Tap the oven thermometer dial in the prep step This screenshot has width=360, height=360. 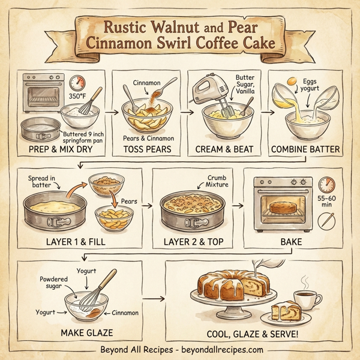[x=77, y=83]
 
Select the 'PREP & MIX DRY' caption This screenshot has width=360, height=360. [x=61, y=148]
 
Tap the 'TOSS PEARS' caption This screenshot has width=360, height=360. [x=146, y=148]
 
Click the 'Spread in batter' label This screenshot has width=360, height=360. [x=43, y=182]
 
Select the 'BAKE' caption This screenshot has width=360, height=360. [x=283, y=242]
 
